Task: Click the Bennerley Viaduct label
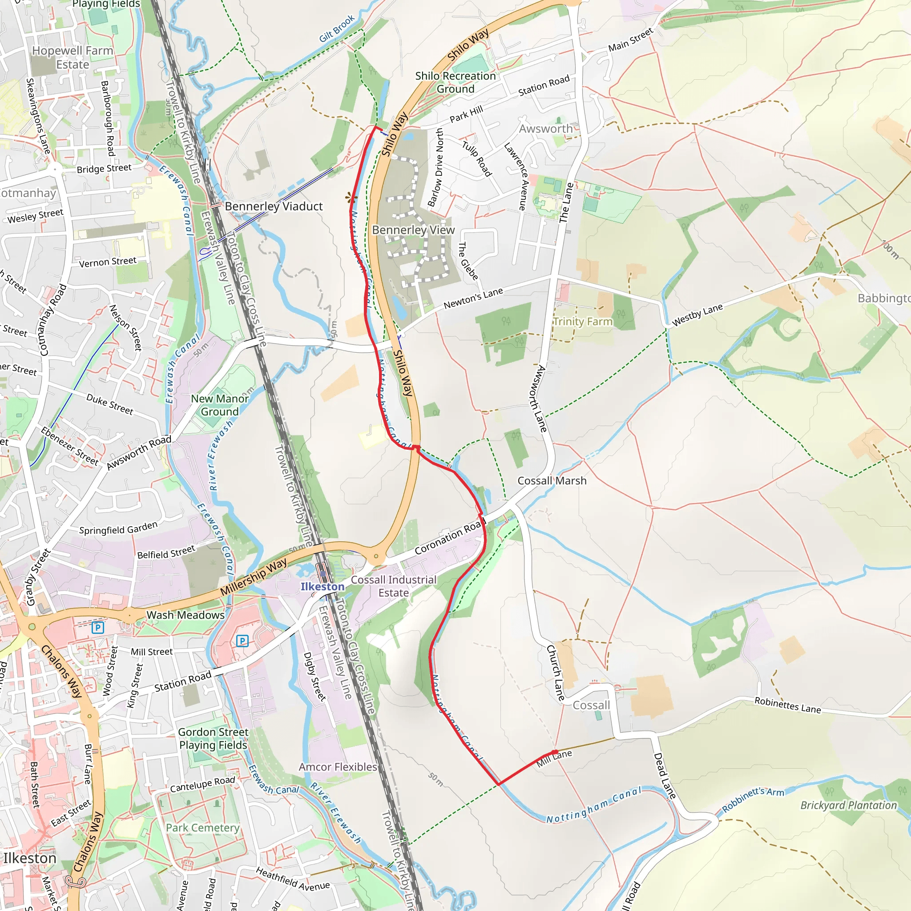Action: pyautogui.click(x=274, y=206)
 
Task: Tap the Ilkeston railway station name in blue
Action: pyautogui.click(x=322, y=587)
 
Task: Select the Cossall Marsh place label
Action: pyautogui.click(x=552, y=480)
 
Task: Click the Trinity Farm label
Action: pyautogui.click(x=582, y=321)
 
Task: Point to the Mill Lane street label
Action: pyautogui.click(x=555, y=758)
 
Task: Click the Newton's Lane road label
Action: pyautogui.click(x=473, y=298)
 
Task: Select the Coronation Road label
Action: pyautogui.click(x=449, y=537)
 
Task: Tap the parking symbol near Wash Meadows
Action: pyautogui.click(x=97, y=628)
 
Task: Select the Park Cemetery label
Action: pyautogui.click(x=203, y=827)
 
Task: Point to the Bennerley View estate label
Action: pyautogui.click(x=413, y=230)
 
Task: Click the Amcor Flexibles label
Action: pyautogui.click(x=338, y=767)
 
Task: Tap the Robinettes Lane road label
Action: pyautogui.click(x=787, y=705)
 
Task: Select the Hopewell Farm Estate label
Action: pyautogui.click(x=73, y=57)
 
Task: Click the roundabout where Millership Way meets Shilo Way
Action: pyautogui.click(x=376, y=556)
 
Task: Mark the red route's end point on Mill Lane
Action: pyautogui.click(x=555, y=752)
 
